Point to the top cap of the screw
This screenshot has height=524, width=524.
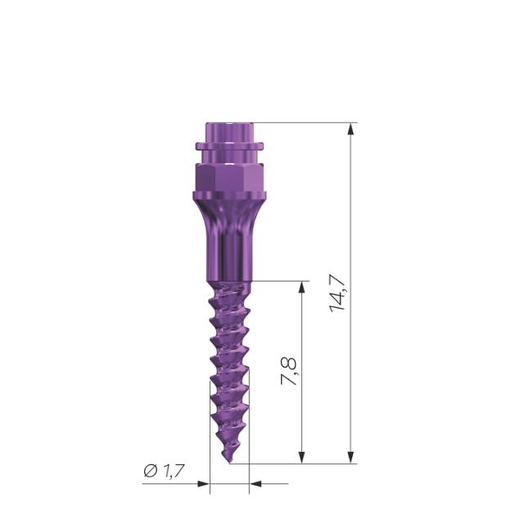tap(228, 131)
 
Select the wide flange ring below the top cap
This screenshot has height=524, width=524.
tap(228, 148)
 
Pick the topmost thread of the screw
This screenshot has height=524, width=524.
tap(228, 291)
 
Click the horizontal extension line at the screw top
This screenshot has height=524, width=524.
tap(303, 123)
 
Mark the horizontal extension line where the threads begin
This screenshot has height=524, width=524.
tap(278, 282)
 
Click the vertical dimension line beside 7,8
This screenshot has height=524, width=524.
tap(303, 409)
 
